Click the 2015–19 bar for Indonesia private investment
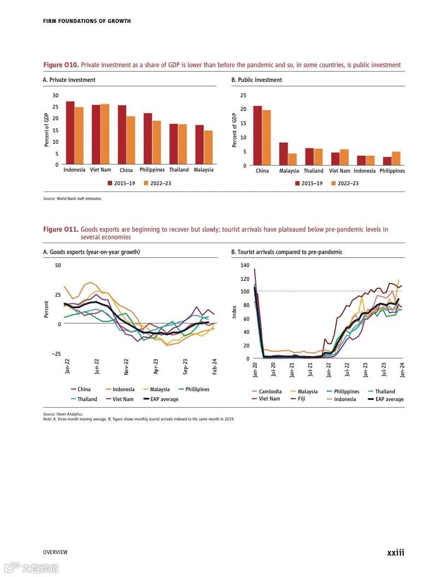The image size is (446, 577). click(x=70, y=133)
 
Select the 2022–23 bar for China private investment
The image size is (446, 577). click(x=131, y=140)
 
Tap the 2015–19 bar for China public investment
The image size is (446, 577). click(x=257, y=135)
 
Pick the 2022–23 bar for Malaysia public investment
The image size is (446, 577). click(x=292, y=159)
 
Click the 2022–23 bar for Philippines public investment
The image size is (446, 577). click(x=396, y=158)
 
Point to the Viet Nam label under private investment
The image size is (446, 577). click(x=101, y=170)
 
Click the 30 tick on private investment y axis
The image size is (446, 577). click(x=55, y=95)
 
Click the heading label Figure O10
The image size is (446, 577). click(x=60, y=65)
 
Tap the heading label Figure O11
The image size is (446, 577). click(x=60, y=229)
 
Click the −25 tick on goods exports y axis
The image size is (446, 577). click(x=56, y=354)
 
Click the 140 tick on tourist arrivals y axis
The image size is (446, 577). click(x=244, y=265)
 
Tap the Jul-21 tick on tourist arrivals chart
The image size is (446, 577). click(x=310, y=369)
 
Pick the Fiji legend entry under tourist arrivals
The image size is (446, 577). click(x=301, y=399)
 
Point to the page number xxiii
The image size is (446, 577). click(x=396, y=552)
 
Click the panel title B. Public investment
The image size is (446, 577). click(x=256, y=80)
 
